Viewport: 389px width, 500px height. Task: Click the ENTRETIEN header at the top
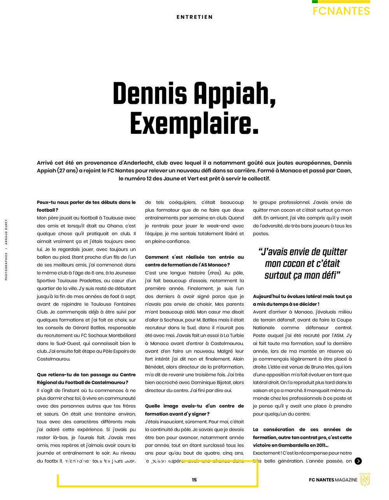pyautogui.click(x=194, y=17)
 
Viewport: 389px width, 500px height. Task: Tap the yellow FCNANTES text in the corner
pyautogui.click(x=341, y=11)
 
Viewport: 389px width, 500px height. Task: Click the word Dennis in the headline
pyautogui.click(x=150, y=95)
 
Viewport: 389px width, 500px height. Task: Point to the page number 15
pyautogui.click(x=194, y=480)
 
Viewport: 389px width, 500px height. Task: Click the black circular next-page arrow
pyautogui.click(x=358, y=461)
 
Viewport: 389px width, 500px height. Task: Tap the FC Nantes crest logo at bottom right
pyautogui.click(x=364, y=480)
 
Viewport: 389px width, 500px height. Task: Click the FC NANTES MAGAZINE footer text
pyautogui.click(x=333, y=480)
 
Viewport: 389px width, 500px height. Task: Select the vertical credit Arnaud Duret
pyautogui.click(x=7, y=232)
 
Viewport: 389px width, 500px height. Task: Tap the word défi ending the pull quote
pyautogui.click(x=329, y=275)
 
